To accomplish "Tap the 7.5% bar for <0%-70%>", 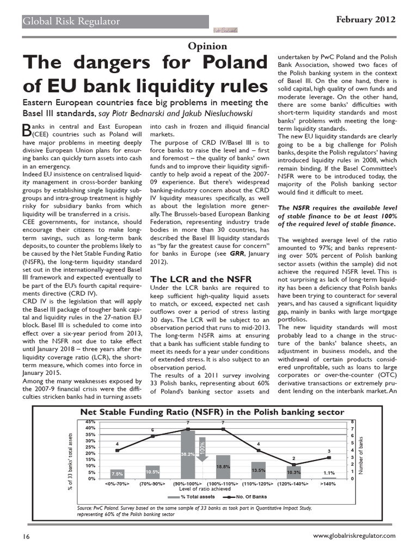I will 118,474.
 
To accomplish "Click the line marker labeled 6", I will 153,436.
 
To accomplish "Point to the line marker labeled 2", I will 293,464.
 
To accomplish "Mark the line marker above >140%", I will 329,457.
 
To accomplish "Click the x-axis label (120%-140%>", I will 293,483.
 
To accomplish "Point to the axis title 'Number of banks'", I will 360,450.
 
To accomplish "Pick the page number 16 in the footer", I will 26,536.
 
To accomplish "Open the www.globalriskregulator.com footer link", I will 355,536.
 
